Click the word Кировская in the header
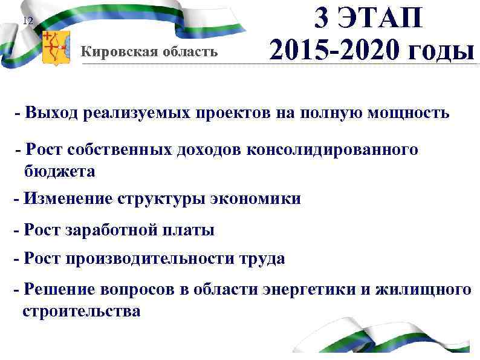click(x=115, y=51)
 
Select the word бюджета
click(x=60, y=171)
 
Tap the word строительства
click(x=81, y=312)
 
